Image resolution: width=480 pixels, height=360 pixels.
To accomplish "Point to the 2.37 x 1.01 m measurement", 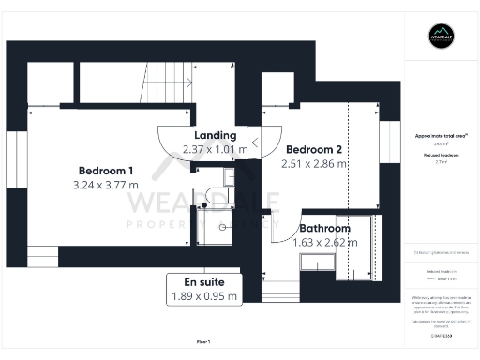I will [x=216, y=149].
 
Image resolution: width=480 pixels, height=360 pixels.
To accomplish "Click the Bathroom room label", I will [x=324, y=228].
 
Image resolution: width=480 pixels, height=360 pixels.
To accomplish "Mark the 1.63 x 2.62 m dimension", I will [x=324, y=242].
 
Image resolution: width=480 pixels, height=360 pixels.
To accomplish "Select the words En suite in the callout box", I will [x=203, y=282].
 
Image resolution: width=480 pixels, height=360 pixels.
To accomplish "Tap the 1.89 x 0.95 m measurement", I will [x=203, y=296].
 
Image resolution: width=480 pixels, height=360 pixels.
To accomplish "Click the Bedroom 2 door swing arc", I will [x=265, y=141].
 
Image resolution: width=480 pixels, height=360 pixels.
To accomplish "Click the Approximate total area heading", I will [x=441, y=136].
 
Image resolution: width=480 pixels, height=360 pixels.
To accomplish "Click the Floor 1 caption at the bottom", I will [x=202, y=341].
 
